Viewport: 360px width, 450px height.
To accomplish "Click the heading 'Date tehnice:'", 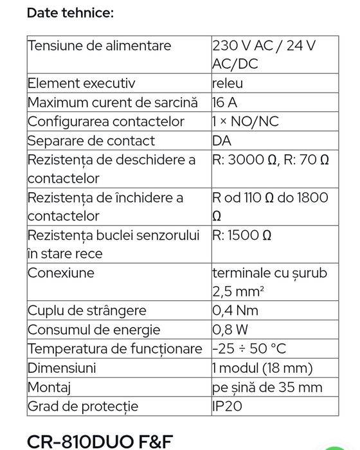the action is point(70,13).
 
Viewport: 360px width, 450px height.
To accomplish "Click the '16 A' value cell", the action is point(224,102).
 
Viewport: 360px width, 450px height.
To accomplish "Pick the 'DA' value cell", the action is point(221,140).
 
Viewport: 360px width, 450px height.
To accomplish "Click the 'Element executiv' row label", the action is point(81,83).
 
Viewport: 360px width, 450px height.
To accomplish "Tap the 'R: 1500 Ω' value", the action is point(242,235).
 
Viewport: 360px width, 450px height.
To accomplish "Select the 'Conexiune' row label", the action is point(61,273).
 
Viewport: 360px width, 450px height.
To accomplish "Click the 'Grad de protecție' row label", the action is point(82,406).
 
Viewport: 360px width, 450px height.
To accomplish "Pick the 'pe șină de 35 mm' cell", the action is point(266,387).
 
